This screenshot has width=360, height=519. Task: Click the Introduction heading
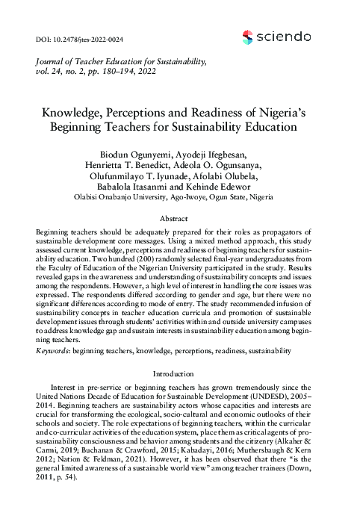180,373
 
